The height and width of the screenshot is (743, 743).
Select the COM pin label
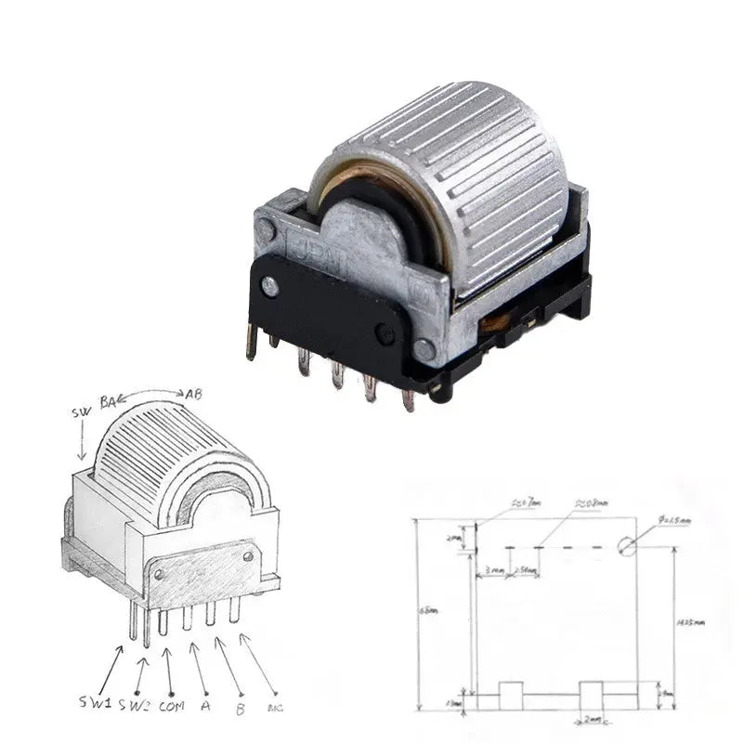coord(172,705)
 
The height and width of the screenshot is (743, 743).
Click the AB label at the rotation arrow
coord(192,394)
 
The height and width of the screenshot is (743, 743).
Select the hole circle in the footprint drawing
coord(628,545)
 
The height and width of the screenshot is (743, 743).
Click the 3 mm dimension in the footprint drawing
coord(493,570)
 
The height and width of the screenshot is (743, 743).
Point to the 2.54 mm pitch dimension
coord(524,570)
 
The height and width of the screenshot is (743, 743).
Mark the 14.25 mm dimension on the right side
coord(692,622)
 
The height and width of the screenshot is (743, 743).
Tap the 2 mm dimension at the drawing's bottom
coord(592,720)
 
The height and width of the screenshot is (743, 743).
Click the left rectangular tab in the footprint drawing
coord(510,695)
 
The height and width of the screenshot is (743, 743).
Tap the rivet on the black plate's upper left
coord(270,287)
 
